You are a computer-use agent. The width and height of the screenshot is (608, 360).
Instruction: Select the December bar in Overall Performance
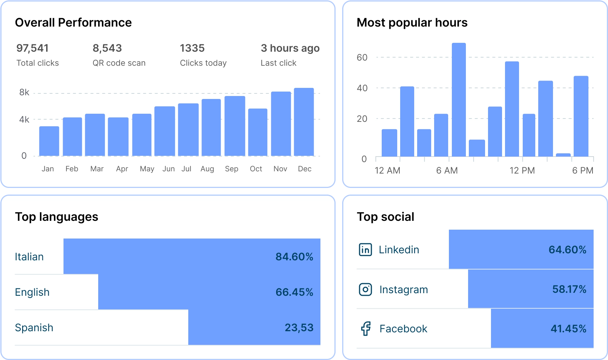(x=304, y=122)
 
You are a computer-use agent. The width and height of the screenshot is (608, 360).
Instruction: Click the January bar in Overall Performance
(x=49, y=141)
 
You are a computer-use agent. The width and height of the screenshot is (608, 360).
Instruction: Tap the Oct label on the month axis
(x=256, y=169)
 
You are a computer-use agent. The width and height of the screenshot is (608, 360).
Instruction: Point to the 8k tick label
(x=24, y=92)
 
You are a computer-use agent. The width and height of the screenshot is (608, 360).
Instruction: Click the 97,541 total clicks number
(x=32, y=48)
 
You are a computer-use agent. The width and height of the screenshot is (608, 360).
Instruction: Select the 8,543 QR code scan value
(x=107, y=48)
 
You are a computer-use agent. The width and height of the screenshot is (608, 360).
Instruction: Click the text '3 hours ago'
(x=290, y=48)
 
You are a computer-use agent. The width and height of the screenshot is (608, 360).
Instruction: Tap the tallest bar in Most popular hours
(x=459, y=100)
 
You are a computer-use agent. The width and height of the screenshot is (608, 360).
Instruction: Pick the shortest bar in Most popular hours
(x=563, y=155)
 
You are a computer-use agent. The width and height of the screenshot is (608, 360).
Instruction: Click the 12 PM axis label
(x=522, y=171)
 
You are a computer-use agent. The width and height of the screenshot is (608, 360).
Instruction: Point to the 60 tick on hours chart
(x=362, y=58)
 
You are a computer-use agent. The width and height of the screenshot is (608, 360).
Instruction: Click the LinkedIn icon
(x=365, y=250)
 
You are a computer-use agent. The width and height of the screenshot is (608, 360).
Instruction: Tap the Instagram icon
(x=365, y=289)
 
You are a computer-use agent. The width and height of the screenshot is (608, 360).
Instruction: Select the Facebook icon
(x=365, y=329)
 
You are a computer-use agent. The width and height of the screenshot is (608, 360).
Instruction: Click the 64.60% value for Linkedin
(x=567, y=250)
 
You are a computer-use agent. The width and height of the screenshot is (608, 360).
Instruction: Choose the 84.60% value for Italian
(x=294, y=257)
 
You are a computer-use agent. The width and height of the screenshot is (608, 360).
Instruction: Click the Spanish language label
(x=34, y=328)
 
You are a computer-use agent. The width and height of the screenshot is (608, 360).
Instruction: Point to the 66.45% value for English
(x=294, y=292)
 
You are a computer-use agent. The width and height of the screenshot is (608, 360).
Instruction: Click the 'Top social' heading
(x=385, y=217)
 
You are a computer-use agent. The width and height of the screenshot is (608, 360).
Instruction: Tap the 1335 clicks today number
(x=192, y=48)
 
